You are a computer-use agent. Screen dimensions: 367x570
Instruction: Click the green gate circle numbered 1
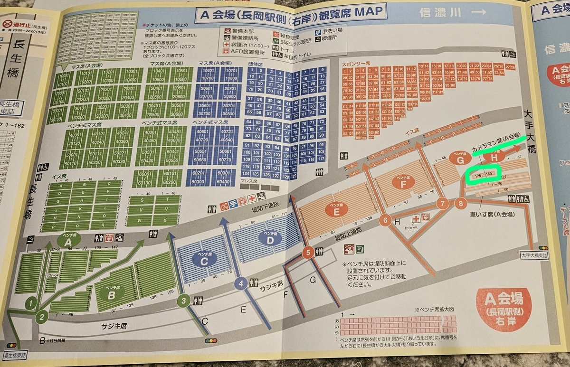click(31, 302)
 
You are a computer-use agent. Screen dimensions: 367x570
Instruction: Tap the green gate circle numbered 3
click(184, 301)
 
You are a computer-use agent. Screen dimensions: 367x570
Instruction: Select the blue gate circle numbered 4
click(241, 284)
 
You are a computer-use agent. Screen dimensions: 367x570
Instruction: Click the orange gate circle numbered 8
click(460, 204)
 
